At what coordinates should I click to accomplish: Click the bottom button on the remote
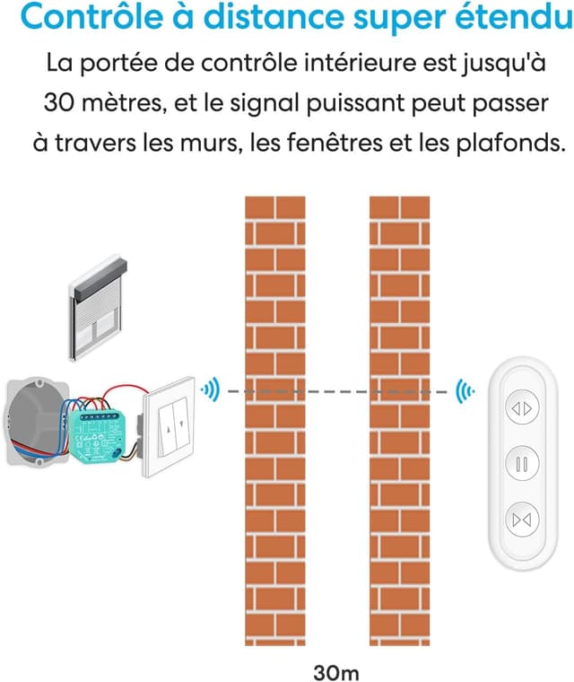pos(521,519)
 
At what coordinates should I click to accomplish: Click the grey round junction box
pos(30,423)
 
